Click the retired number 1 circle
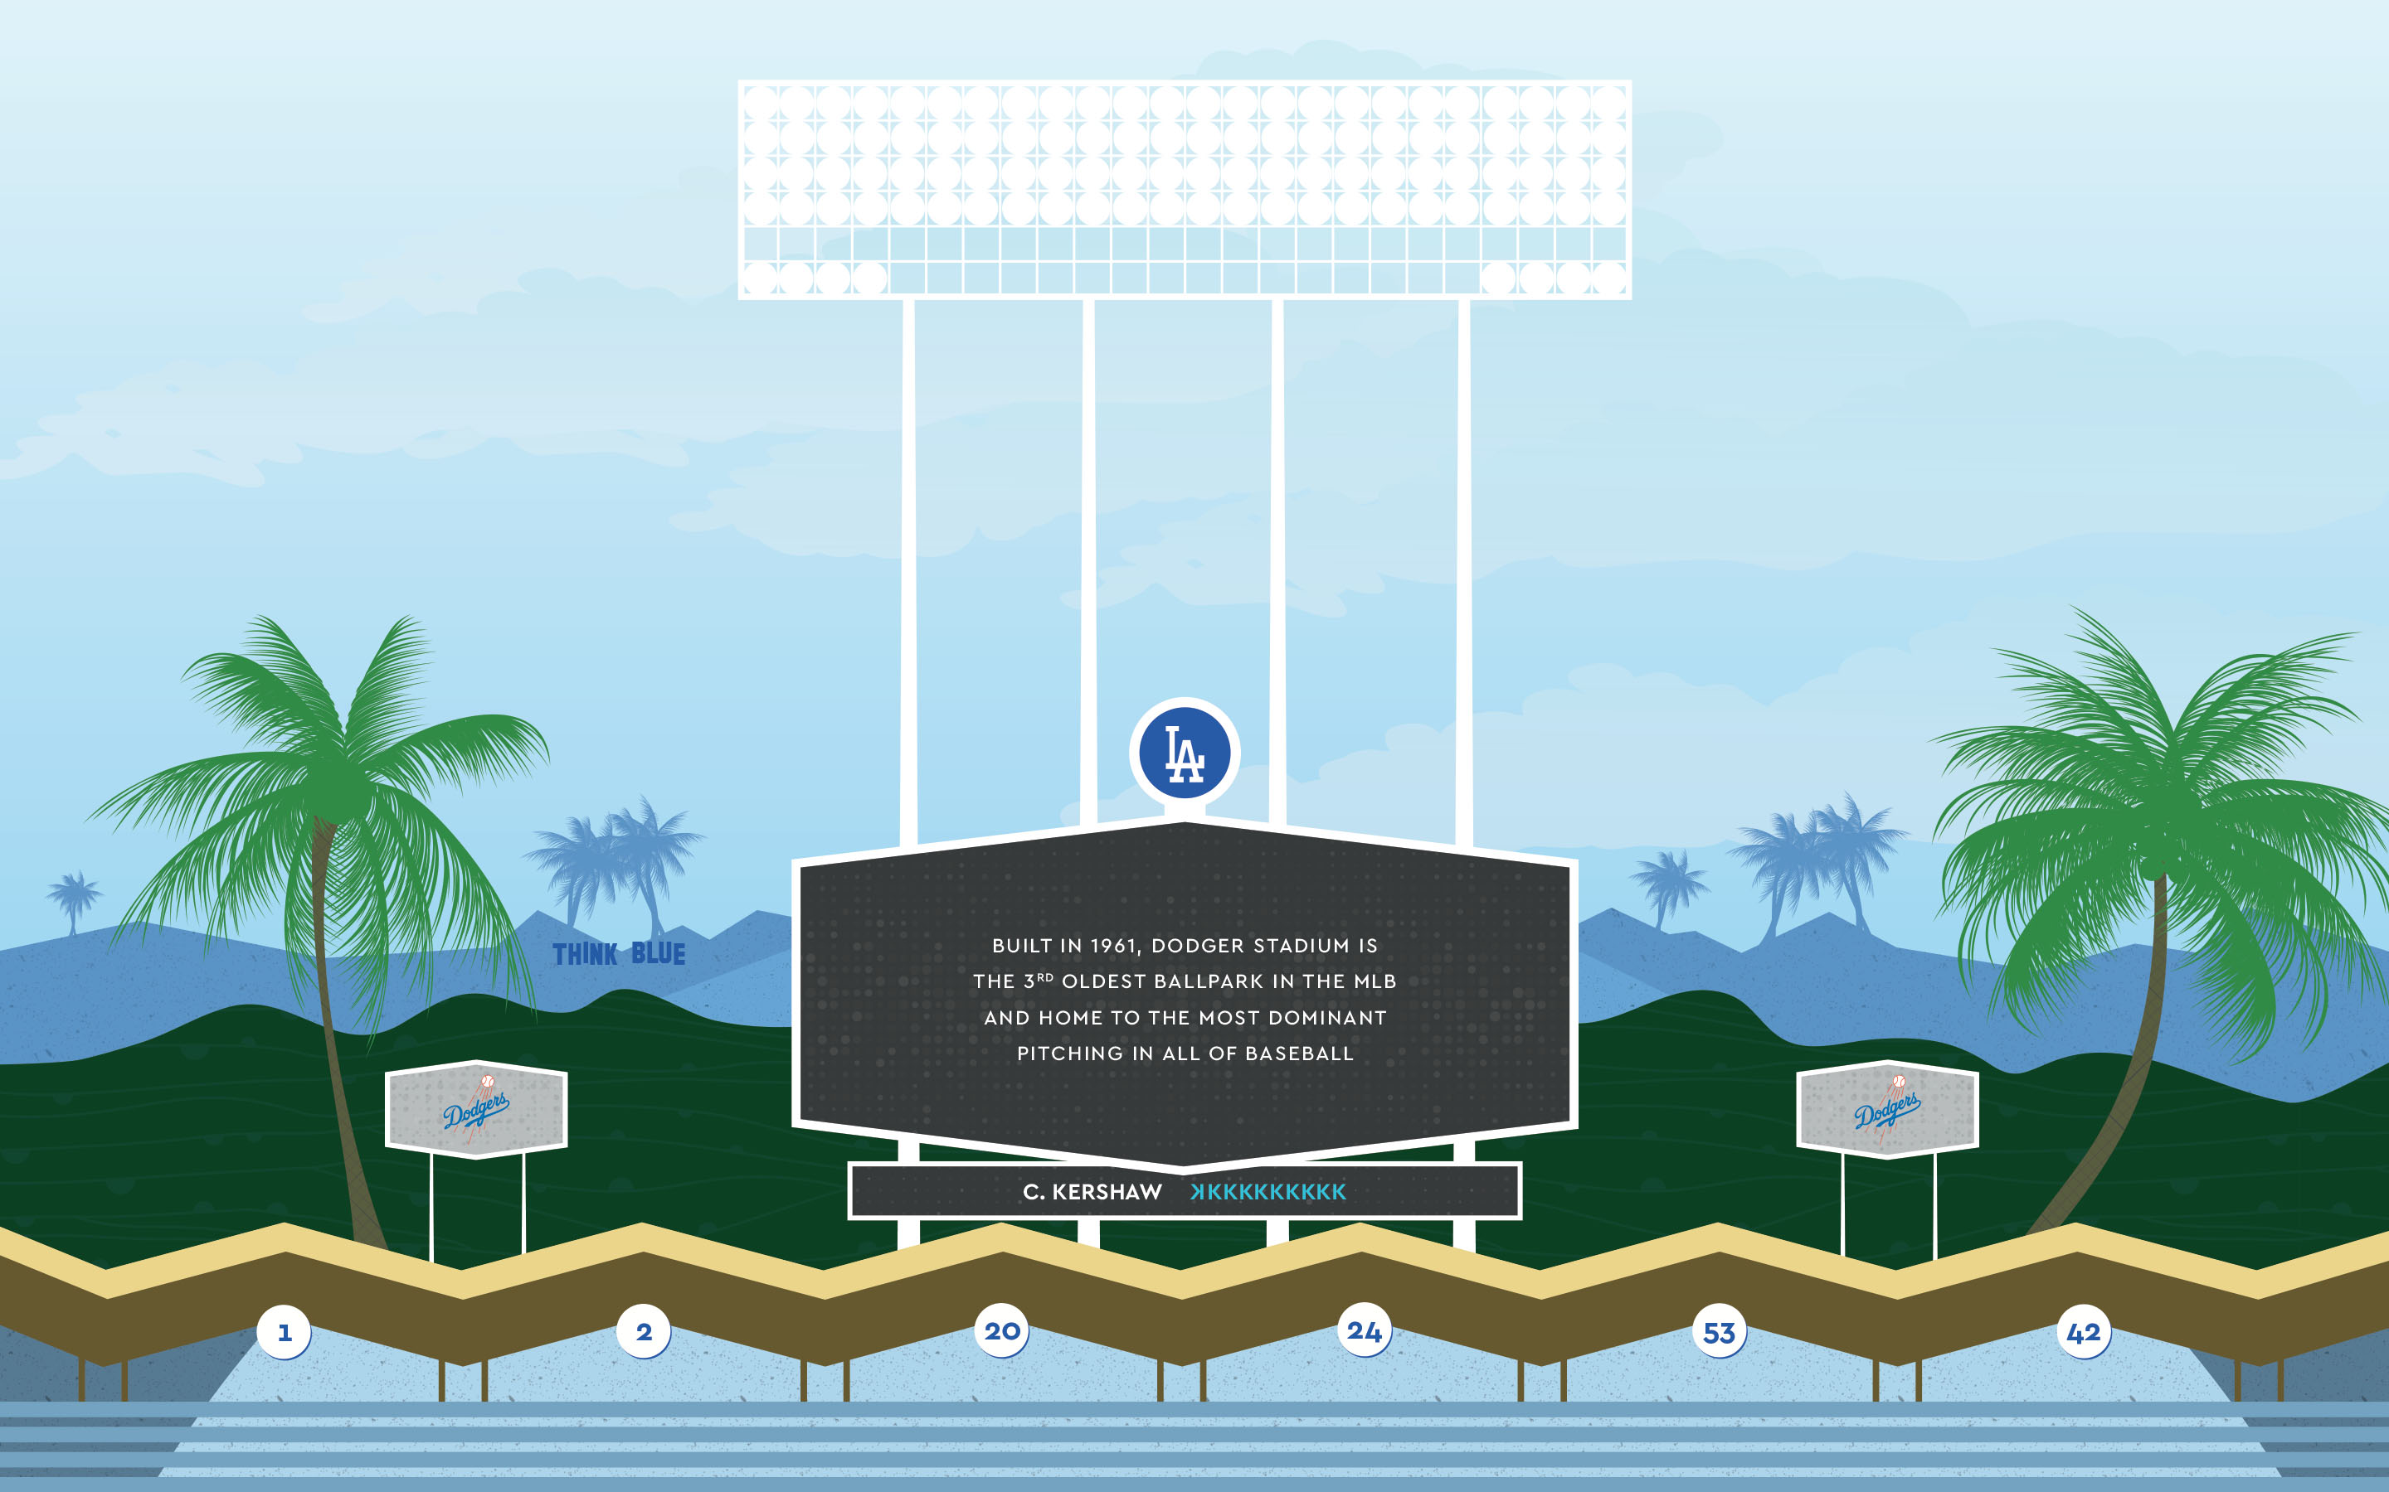click(x=284, y=1332)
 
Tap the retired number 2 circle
click(x=644, y=1332)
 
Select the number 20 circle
click(x=1002, y=1331)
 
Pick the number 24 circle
click(x=1365, y=1331)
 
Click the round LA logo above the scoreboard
click(x=1185, y=753)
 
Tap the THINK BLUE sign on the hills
click(x=619, y=954)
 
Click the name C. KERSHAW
click(x=1092, y=1192)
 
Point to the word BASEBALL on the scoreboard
click(x=1299, y=1054)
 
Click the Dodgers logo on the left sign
click(x=476, y=1109)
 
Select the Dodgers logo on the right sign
click(x=1886, y=1109)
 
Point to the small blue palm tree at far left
click(x=73, y=901)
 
